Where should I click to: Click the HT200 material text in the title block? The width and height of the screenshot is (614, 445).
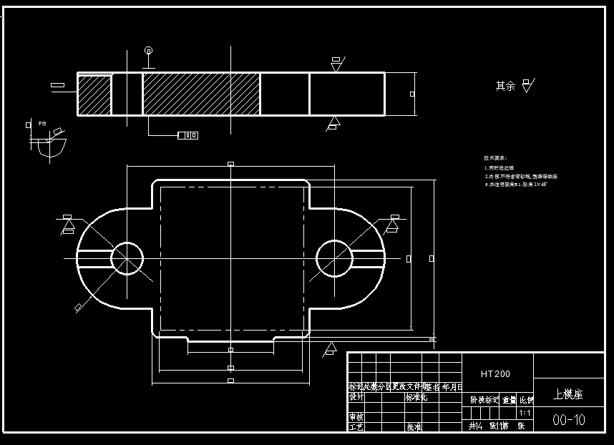pyautogui.click(x=496, y=373)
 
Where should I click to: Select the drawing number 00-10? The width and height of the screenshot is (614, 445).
pyautogui.click(x=569, y=420)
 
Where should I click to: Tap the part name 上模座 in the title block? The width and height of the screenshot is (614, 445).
pyautogui.click(x=569, y=393)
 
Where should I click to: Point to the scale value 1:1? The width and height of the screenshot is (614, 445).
pyautogui.click(x=525, y=413)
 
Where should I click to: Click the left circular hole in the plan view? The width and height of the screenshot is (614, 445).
pyautogui.click(x=127, y=258)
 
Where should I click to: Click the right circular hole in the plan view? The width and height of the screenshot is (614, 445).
pyautogui.click(x=333, y=258)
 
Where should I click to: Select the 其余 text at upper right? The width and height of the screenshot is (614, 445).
pyautogui.click(x=505, y=86)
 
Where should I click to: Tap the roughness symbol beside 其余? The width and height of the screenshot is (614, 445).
pyautogui.click(x=528, y=85)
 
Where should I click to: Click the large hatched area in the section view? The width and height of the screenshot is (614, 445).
pyautogui.click(x=200, y=94)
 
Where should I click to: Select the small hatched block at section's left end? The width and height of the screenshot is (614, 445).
pyautogui.click(x=94, y=94)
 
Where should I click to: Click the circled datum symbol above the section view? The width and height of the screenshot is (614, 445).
pyautogui.click(x=148, y=51)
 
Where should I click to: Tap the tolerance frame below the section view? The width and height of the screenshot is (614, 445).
pyautogui.click(x=187, y=135)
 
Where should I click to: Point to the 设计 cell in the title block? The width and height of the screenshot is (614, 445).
pyautogui.click(x=356, y=397)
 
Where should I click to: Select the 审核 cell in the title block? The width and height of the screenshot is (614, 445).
pyautogui.click(x=356, y=416)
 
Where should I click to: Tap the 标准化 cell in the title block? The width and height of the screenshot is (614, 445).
pyautogui.click(x=416, y=397)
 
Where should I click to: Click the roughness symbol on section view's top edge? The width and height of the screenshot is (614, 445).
pyautogui.click(x=336, y=64)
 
